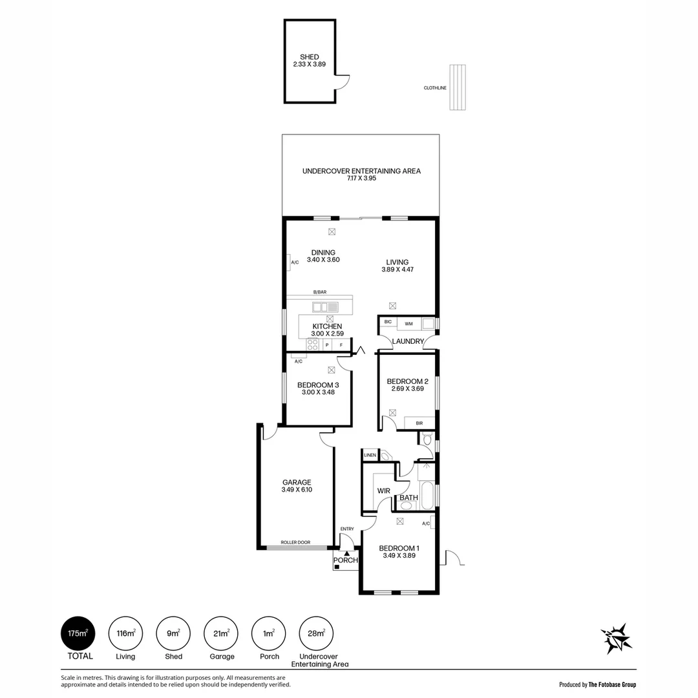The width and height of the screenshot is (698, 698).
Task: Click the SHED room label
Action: coord(310,57)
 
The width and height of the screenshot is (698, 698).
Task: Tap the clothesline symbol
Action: coord(457,87)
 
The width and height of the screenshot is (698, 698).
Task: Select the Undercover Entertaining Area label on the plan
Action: coord(361,171)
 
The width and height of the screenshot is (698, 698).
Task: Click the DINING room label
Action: coord(323,253)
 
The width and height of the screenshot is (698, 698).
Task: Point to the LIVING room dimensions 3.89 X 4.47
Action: coord(397,270)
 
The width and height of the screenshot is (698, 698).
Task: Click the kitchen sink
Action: coord(325,307)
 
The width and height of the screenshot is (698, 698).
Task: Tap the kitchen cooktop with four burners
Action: coord(313,344)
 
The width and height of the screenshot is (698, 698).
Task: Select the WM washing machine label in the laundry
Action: coord(408,324)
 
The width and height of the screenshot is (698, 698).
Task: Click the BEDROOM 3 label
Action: coord(318,385)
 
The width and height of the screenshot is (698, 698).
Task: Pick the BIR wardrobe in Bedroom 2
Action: coord(419,423)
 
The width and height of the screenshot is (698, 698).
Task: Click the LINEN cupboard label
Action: coord(370,456)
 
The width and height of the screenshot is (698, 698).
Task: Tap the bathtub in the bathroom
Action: coord(427,494)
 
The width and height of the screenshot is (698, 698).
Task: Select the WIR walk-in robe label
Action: coord(384,491)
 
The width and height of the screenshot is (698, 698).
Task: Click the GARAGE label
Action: coord(297,482)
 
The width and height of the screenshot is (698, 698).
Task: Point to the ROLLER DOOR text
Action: coord(295,542)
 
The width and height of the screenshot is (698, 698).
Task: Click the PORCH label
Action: coord(345,560)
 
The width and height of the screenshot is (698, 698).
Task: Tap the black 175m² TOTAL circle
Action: coord(78,633)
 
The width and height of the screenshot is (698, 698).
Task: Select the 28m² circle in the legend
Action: coord(317,633)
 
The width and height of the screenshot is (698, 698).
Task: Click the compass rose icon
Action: coord(617,639)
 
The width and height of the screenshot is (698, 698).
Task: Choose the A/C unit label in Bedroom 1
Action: coord(426,523)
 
